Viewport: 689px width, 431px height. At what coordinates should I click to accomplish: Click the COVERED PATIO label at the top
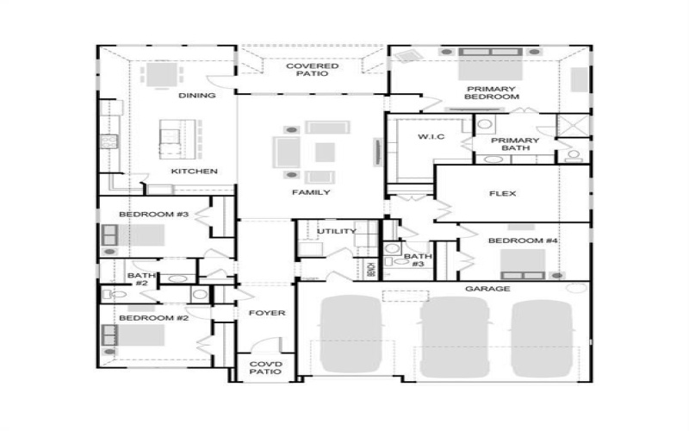pos(312,71)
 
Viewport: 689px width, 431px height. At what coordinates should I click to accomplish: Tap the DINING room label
pos(196,96)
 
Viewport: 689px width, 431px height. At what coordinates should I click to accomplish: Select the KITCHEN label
pos(194,172)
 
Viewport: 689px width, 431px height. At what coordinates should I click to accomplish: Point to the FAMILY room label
pos(311,192)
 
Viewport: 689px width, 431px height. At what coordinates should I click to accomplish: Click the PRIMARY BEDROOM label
pos(492,93)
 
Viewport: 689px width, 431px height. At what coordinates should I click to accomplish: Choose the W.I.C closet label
pos(431,138)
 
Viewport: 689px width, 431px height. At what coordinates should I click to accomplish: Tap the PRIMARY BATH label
pos(515,144)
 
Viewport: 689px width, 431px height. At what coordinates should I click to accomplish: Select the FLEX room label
pos(502,194)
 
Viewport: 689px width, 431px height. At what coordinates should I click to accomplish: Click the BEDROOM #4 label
pos(524,240)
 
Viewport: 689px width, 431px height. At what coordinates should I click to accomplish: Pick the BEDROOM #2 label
pos(141,318)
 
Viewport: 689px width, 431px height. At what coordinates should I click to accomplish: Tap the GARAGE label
pos(488,289)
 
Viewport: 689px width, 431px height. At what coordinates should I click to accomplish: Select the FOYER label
pos(266,313)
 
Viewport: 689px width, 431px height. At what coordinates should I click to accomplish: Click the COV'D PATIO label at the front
pos(266,370)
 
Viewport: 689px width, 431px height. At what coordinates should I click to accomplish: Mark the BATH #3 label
pos(418,260)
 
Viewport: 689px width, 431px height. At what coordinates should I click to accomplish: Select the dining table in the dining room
pos(159,74)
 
